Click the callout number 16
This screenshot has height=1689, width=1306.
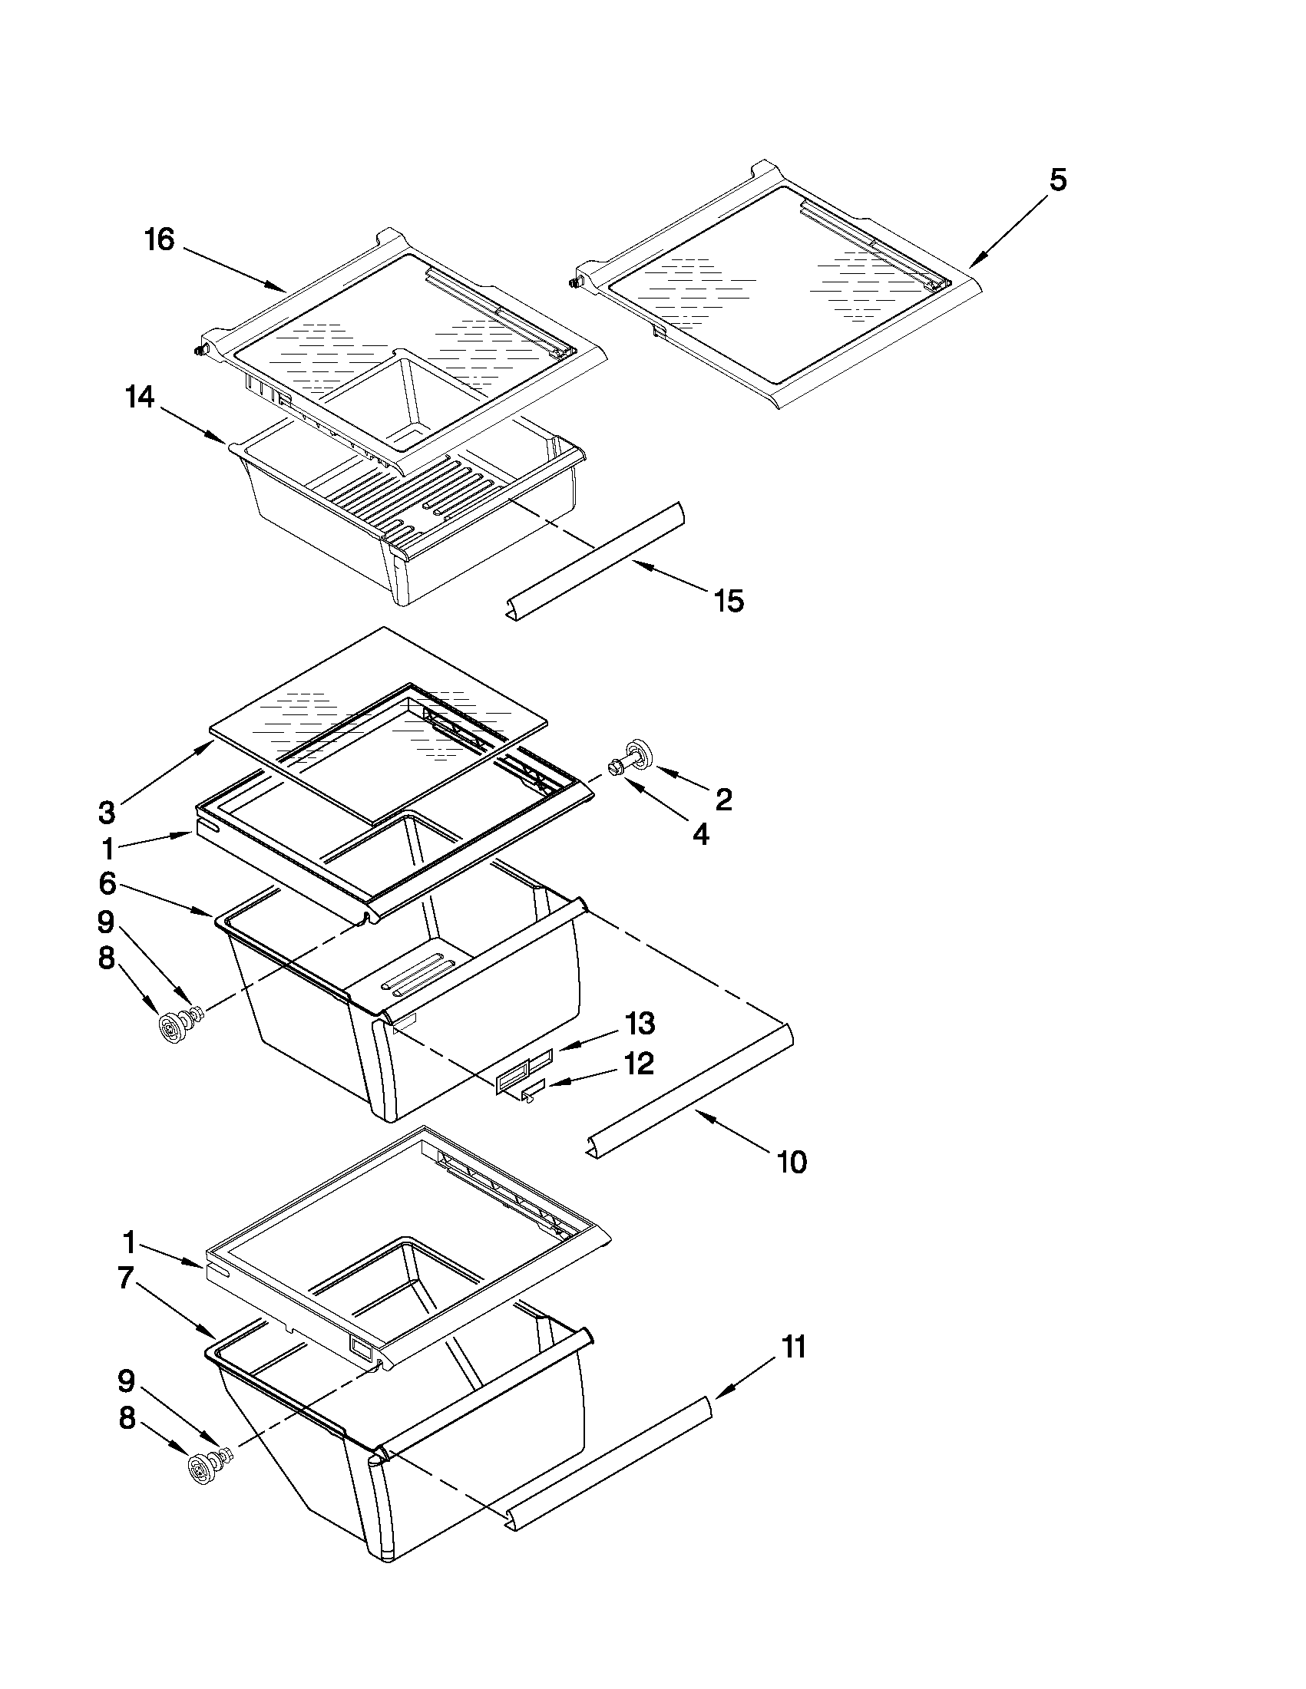[x=160, y=240]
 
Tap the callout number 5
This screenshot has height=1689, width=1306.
[x=1058, y=180]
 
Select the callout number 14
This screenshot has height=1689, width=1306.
[x=140, y=399]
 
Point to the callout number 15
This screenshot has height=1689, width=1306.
[x=729, y=600]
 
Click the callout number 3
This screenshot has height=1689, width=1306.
[x=107, y=813]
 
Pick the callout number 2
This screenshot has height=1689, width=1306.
[x=723, y=800]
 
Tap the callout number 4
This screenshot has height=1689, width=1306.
[x=700, y=834]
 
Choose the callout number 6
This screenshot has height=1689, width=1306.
[x=107, y=883]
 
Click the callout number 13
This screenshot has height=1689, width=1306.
[x=640, y=1024]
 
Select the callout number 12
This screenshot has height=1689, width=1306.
[x=639, y=1064]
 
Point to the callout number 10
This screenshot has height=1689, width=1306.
[x=792, y=1162]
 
